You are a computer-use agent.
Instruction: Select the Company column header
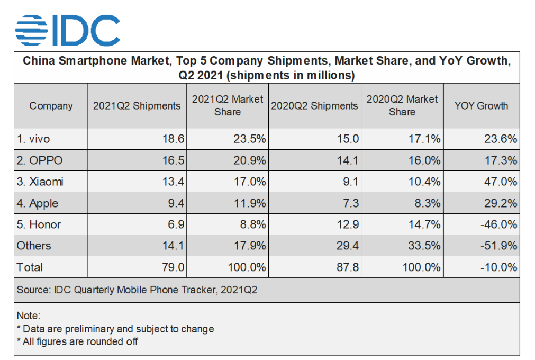[51, 105]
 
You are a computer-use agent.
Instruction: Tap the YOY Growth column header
[481, 105]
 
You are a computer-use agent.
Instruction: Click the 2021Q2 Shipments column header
[137, 105]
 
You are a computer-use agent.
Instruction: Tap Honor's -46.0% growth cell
[497, 224]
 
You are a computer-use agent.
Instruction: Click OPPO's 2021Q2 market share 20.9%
[248, 160]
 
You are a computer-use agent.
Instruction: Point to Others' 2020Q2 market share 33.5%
[422, 246]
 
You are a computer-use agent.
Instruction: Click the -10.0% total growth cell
[497, 267]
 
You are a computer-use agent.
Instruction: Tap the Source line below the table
[137, 290]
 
